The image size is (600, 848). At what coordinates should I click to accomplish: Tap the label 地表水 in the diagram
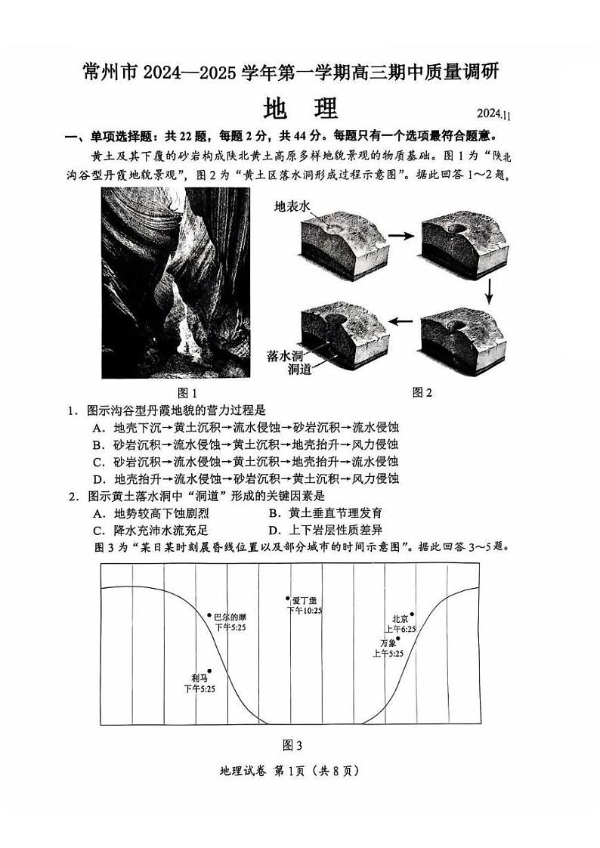pos(292,206)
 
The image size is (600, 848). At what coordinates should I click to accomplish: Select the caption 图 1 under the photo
pos(187,393)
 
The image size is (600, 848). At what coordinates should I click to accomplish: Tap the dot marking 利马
pos(209,670)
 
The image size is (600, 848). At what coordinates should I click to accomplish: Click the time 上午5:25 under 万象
pos(388,653)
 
